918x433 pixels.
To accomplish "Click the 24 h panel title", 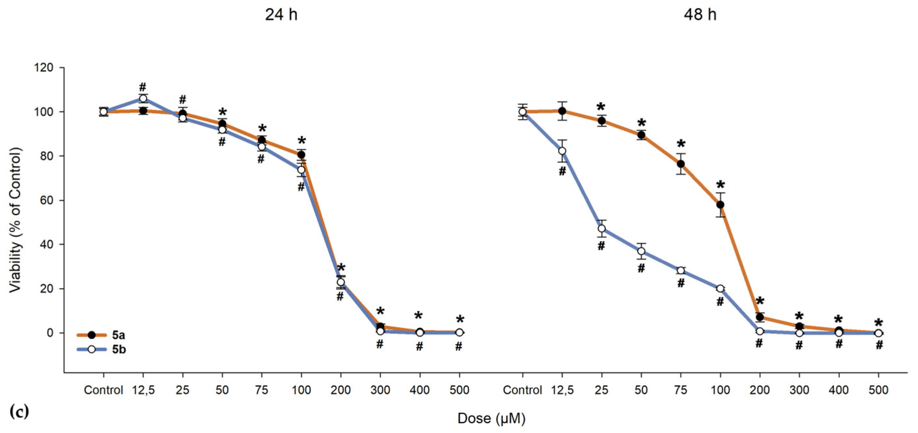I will tap(281, 15).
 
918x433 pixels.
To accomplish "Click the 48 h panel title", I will tap(699, 15).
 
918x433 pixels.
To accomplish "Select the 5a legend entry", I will tap(118, 335).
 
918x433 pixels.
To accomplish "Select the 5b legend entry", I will tap(119, 350).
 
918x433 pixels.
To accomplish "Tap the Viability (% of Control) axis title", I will tap(15, 220).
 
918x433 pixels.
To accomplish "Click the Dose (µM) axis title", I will tap(491, 418).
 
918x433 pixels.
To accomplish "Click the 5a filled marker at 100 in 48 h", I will tap(720, 205).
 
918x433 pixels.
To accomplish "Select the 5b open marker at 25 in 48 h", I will tap(601, 228).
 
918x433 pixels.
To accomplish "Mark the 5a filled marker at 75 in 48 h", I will tap(681, 164).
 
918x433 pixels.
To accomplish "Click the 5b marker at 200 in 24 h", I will tap(341, 282).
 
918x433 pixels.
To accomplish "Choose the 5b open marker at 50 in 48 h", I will tap(641, 251).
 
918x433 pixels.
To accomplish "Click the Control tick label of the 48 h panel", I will tap(522, 390).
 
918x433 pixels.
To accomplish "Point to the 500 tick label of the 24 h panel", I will tap(459, 390).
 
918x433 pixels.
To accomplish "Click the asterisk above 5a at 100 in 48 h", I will tap(721, 186).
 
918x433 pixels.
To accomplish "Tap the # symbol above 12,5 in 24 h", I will tap(143, 87).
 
